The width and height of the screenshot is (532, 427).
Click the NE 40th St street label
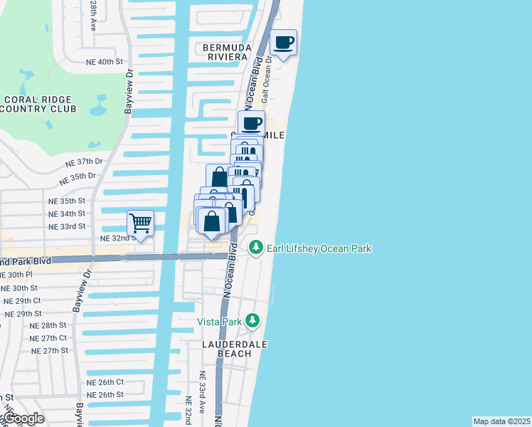(x=105, y=62)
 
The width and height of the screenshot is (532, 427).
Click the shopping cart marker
(x=141, y=223)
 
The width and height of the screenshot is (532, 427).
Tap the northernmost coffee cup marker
(x=283, y=43)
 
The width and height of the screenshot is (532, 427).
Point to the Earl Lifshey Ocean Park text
(x=319, y=248)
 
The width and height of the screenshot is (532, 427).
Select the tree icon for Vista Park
(x=252, y=320)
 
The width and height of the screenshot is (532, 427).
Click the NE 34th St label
(x=67, y=213)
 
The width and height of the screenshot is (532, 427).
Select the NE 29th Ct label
(x=23, y=301)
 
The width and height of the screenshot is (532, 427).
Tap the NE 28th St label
(x=48, y=325)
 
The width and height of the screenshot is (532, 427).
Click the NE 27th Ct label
(x=48, y=338)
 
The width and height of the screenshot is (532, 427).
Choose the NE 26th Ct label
(x=105, y=381)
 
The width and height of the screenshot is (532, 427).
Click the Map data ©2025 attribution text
(x=501, y=421)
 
